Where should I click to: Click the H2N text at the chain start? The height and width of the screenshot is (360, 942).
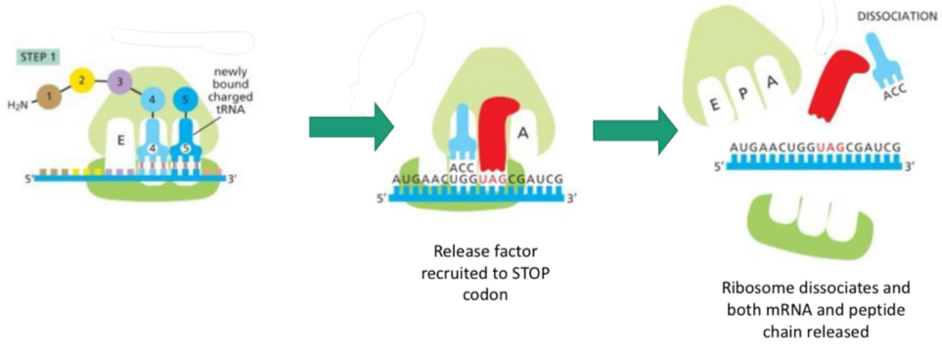[x=16, y=106]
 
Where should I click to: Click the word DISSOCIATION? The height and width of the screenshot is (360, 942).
[x=895, y=17]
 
